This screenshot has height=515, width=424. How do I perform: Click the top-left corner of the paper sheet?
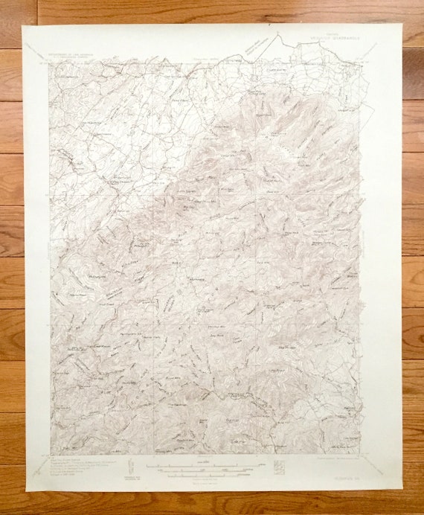[x=23, y=26]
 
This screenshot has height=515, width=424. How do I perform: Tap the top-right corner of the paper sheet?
[x=402, y=24]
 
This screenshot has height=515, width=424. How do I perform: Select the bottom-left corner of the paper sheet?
[x=26, y=492]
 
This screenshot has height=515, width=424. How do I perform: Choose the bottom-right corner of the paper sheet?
[x=401, y=490]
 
